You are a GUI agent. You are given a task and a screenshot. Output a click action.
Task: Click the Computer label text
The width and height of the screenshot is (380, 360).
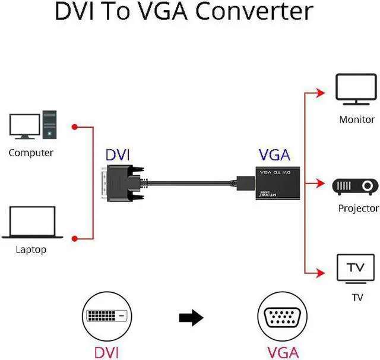(x=31, y=153)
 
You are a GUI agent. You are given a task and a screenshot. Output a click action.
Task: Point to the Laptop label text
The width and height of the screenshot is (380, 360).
(x=31, y=250)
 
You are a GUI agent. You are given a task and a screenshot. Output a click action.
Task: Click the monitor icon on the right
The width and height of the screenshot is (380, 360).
(x=356, y=89)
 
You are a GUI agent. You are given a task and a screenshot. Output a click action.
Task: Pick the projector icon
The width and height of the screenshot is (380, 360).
(x=357, y=187)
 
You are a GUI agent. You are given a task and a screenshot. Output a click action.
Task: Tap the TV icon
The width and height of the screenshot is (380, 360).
(x=356, y=269)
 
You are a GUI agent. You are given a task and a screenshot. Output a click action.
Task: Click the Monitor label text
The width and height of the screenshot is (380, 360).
(x=357, y=119)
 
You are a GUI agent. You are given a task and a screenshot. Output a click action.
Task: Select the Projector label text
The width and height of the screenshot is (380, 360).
(x=358, y=209)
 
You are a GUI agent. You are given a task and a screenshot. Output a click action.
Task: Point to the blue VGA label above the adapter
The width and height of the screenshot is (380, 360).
(x=274, y=156)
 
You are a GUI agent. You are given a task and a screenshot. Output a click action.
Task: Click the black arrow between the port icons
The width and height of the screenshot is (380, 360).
(x=191, y=319)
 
